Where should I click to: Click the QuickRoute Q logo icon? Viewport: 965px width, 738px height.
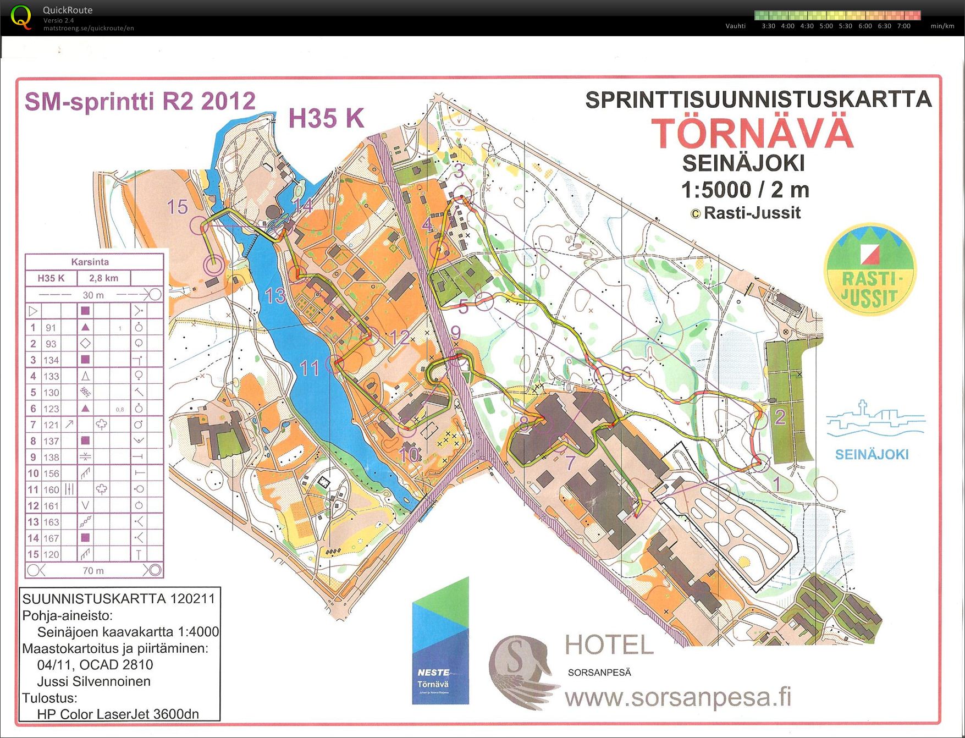click(x=21, y=17)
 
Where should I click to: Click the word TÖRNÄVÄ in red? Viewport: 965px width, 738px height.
click(x=753, y=134)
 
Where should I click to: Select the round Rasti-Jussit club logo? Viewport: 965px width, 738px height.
click(x=870, y=271)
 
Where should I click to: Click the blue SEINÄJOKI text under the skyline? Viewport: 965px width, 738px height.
click(x=872, y=455)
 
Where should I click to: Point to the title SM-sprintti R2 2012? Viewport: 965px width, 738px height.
click(x=140, y=102)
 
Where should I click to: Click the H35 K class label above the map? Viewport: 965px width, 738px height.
click(x=326, y=118)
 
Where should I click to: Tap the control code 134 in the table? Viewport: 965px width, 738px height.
click(x=51, y=360)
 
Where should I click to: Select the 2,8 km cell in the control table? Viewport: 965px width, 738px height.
click(x=103, y=278)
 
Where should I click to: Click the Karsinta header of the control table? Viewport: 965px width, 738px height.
click(x=90, y=262)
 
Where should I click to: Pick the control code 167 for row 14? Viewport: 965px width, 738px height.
click(x=51, y=538)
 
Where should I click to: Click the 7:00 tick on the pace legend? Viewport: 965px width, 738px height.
click(x=903, y=26)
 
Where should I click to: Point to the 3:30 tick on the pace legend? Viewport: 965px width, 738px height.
click(x=768, y=26)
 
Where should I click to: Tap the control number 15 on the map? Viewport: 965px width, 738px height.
click(x=177, y=207)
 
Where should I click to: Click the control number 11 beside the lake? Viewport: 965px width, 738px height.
click(x=310, y=368)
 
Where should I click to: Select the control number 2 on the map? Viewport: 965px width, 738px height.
click(x=780, y=417)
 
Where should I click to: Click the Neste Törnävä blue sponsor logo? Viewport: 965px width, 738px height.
click(x=440, y=641)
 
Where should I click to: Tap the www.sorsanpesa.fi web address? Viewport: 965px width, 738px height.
click(x=678, y=698)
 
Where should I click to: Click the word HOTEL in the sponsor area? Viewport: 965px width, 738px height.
click(x=609, y=645)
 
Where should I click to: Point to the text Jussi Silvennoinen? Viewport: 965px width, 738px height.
click(x=93, y=682)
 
